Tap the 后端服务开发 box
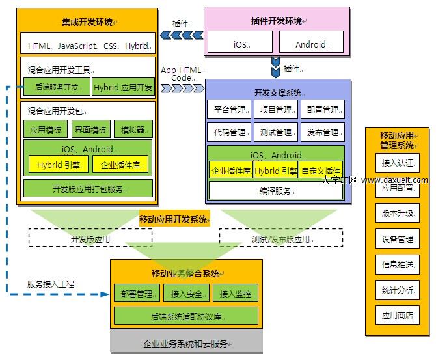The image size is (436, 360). (57, 87)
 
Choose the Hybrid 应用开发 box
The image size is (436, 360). (123, 87)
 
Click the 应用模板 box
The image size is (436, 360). (46, 129)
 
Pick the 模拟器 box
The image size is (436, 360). (133, 129)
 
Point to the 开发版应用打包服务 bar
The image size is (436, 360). (88, 188)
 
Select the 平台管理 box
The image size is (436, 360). (229, 110)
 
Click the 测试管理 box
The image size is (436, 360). (275, 132)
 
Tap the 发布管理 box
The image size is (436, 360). (323, 132)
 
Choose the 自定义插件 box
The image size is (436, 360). (321, 171)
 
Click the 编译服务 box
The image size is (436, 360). (276, 190)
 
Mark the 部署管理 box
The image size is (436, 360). (136, 294)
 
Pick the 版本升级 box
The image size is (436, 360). (398, 213)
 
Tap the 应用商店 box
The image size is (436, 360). (398, 315)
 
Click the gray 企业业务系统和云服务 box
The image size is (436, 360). (185, 342)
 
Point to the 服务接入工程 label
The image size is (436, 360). (51, 284)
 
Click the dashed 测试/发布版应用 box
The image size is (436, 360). (281, 238)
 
